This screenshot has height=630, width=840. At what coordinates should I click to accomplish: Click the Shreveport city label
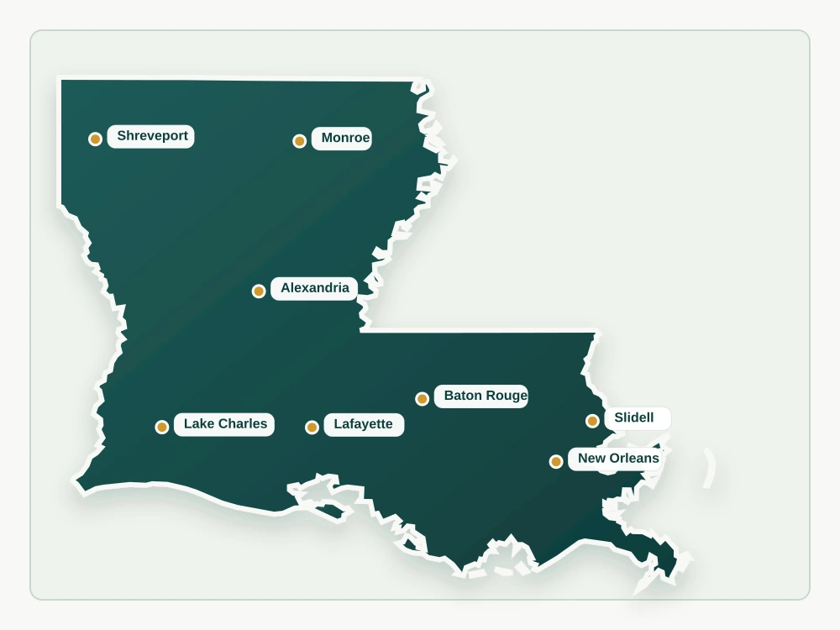[151, 136]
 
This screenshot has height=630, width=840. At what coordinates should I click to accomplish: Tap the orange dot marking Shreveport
[95, 139]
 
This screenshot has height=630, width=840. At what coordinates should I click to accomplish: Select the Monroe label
[342, 139]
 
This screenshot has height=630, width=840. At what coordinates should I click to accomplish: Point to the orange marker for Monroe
[299, 141]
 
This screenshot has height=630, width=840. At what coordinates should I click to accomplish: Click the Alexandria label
[314, 288]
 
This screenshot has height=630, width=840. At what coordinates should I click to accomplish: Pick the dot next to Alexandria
[259, 291]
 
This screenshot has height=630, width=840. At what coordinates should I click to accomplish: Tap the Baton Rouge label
[481, 396]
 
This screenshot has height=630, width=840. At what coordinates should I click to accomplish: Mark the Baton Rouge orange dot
[422, 399]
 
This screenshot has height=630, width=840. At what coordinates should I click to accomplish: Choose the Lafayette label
[363, 424]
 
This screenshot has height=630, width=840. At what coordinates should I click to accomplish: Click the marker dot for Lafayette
[312, 428]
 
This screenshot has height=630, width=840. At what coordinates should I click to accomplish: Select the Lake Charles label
[224, 424]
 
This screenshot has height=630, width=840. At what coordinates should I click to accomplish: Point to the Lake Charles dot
[162, 428]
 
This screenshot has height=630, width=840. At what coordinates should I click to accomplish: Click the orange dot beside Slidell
[592, 421]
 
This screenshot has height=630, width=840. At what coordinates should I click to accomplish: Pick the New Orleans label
[617, 459]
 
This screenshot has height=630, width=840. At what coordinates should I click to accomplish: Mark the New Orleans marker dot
[555, 461]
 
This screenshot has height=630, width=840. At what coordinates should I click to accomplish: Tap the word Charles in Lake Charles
[244, 424]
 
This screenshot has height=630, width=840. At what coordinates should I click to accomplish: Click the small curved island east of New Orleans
[711, 468]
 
